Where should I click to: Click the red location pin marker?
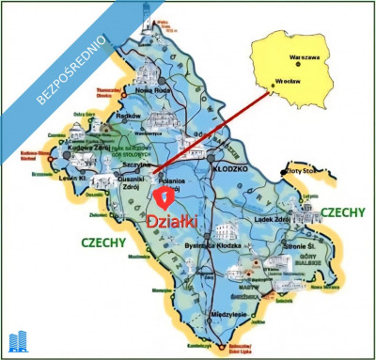tap(165, 196)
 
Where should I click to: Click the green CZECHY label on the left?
tap(103, 242)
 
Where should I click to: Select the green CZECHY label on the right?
tap(342, 212)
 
